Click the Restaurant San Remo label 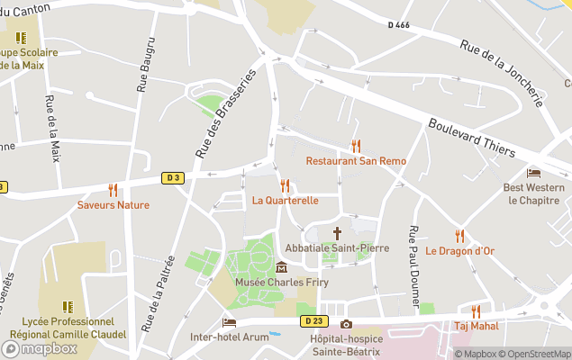click(x=356, y=161)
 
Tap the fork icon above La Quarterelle click(x=285, y=185)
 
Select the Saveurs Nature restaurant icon click(x=113, y=190)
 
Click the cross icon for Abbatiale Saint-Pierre click(x=337, y=232)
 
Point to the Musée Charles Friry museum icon click(x=282, y=267)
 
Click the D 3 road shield click(x=173, y=178)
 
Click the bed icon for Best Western click(x=534, y=173)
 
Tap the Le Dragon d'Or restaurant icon click(x=459, y=236)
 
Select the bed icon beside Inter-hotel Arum click(x=230, y=322)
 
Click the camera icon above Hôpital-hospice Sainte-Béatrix click(x=346, y=324)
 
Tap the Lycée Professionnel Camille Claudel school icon click(x=68, y=306)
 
